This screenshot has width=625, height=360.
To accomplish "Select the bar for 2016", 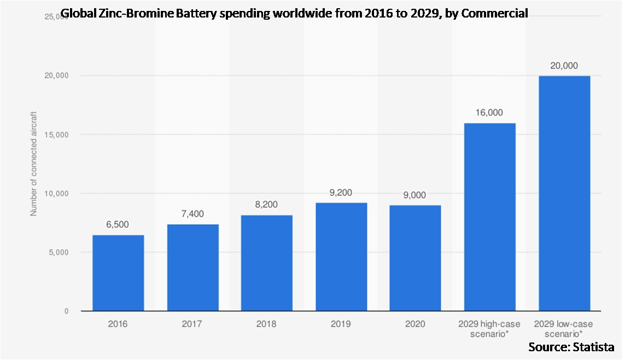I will [118, 273].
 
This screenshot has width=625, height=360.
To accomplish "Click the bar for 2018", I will [267, 263].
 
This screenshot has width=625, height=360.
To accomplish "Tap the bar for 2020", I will [416, 258].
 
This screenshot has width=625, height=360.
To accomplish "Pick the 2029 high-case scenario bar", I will [490, 217].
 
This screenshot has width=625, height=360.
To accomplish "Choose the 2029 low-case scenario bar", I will [564, 194].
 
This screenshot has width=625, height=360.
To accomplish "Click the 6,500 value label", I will [118, 224].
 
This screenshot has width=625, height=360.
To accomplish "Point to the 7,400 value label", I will [192, 214].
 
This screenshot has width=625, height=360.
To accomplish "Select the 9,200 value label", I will [341, 193].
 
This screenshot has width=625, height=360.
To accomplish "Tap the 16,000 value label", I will [490, 113].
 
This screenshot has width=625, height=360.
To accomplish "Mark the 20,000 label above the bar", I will [564, 65].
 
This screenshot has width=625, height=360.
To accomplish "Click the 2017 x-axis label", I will [192, 324].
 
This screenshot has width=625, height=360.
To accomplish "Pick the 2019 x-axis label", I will [341, 324].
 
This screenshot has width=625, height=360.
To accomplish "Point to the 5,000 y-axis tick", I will [58, 252].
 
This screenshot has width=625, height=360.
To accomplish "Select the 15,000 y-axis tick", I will [56, 135].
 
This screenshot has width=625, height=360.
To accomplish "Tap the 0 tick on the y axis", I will [67, 311].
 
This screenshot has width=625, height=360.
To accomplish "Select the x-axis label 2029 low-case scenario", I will [564, 328].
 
